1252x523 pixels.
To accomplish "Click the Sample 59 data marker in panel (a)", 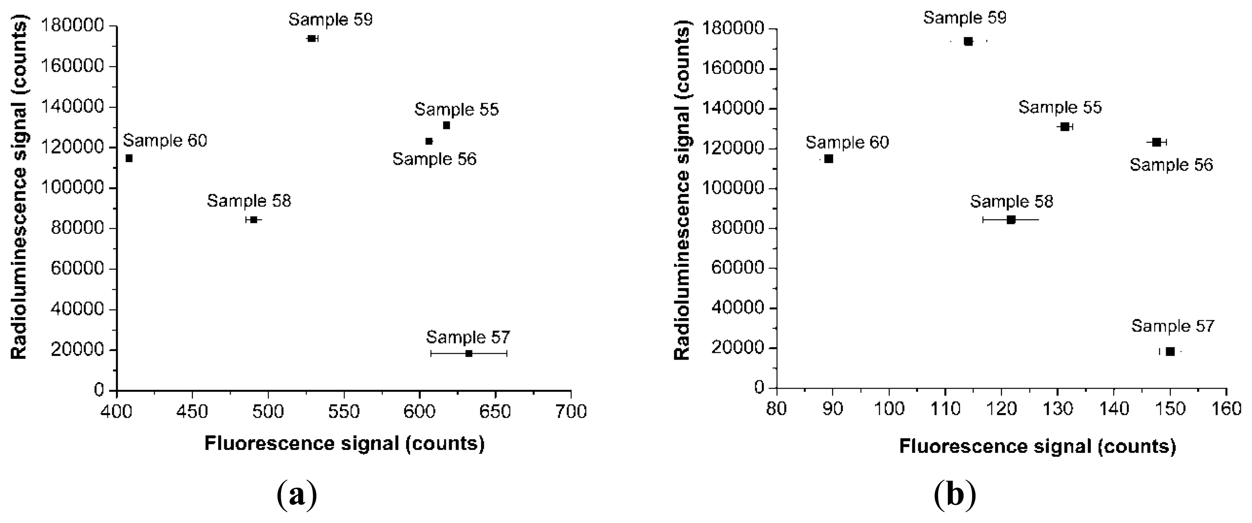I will coord(311,38).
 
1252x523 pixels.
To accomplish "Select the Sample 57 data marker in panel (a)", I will coord(468,353).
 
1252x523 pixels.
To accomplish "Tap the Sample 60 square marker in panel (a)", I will coord(129,158).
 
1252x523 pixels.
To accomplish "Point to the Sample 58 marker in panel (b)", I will coord(1011,220).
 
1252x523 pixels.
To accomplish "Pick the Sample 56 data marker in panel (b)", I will coord(1157,142).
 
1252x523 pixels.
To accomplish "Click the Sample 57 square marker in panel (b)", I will coord(1170,352).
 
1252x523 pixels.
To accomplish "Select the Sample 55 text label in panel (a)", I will coord(456,109).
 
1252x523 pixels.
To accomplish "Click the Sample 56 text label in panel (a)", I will coord(434,159).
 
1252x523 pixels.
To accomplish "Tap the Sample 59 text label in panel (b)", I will coord(965,18).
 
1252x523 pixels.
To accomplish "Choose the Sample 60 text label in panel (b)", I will coord(847,142).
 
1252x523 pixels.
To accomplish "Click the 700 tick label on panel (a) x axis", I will coord(571,412).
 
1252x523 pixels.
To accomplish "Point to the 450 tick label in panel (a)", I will coord(192,412).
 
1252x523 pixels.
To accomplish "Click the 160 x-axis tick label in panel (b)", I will coord(1227,409).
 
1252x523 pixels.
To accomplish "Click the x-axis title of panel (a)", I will coord(344,443).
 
